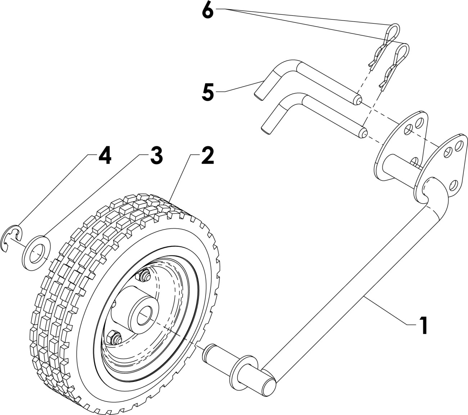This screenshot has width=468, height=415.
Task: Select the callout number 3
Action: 156,156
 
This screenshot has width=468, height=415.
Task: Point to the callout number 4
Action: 104,156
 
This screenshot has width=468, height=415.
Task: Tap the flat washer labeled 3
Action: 36,252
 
